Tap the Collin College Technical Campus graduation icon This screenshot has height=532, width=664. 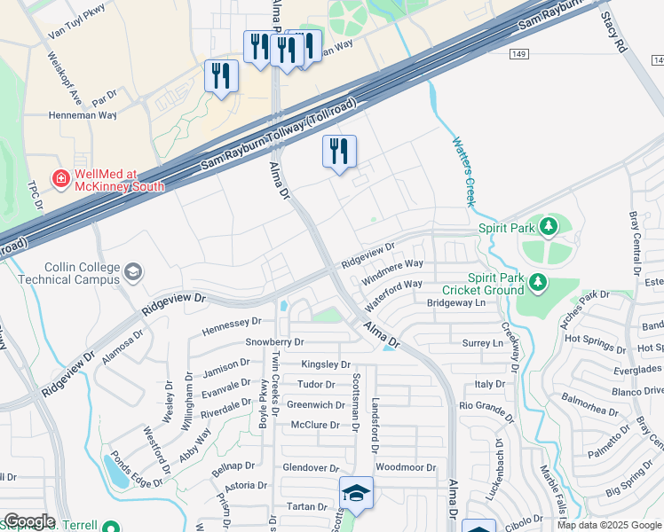tap(133, 271)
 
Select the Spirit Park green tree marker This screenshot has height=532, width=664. tap(549, 227)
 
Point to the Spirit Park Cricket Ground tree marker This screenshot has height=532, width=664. tap(536, 282)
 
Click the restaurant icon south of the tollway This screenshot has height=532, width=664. tap(339, 152)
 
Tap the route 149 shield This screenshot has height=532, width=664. tap(521, 54)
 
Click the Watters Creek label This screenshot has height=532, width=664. tap(463, 171)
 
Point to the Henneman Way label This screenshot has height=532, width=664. tap(83, 115)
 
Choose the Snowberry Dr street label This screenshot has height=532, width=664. tap(274, 342)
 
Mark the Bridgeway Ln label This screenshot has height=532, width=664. tap(456, 303)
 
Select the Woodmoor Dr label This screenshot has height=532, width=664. tap(406, 467)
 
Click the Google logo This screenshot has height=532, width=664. tap(28, 521)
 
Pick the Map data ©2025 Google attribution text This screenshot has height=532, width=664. tap(609, 525)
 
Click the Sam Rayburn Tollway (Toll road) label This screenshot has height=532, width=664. tap(279, 135)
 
